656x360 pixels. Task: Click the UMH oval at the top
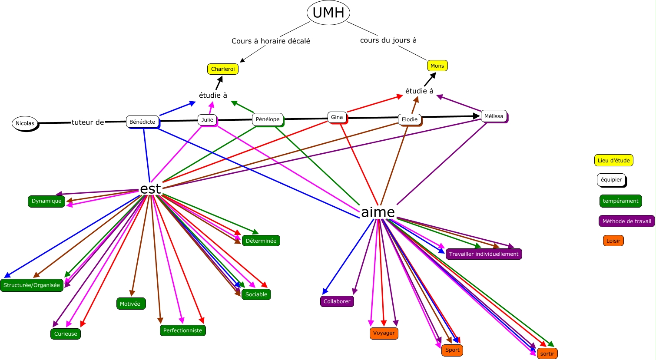pyautogui.click(x=328, y=13)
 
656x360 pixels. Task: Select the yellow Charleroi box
pyautogui.click(x=222, y=69)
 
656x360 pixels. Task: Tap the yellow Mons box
pyautogui.click(x=437, y=66)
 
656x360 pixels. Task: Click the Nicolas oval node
pyautogui.click(x=25, y=123)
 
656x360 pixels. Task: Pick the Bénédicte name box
pyautogui.click(x=142, y=122)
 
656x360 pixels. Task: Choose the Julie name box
pyautogui.click(x=207, y=120)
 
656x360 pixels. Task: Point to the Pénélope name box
pyautogui.click(x=268, y=119)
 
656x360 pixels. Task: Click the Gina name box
pyautogui.click(x=337, y=117)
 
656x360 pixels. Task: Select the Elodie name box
pyautogui.click(x=410, y=119)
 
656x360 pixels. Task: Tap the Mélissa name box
pyautogui.click(x=494, y=116)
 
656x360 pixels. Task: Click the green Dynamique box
pyautogui.click(x=46, y=201)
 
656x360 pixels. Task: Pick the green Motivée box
pyautogui.click(x=130, y=304)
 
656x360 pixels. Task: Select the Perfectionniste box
pyautogui.click(x=182, y=330)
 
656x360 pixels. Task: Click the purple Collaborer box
pyautogui.click(x=337, y=301)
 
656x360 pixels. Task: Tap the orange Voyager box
pyautogui.click(x=384, y=333)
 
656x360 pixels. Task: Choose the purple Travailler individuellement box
pyautogui.click(x=484, y=254)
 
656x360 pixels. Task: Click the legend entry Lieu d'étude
pyautogui.click(x=613, y=161)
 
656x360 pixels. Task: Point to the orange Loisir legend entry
pyautogui.click(x=613, y=241)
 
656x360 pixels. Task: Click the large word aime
pyautogui.click(x=378, y=212)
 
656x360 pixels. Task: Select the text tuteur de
pyautogui.click(x=88, y=122)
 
